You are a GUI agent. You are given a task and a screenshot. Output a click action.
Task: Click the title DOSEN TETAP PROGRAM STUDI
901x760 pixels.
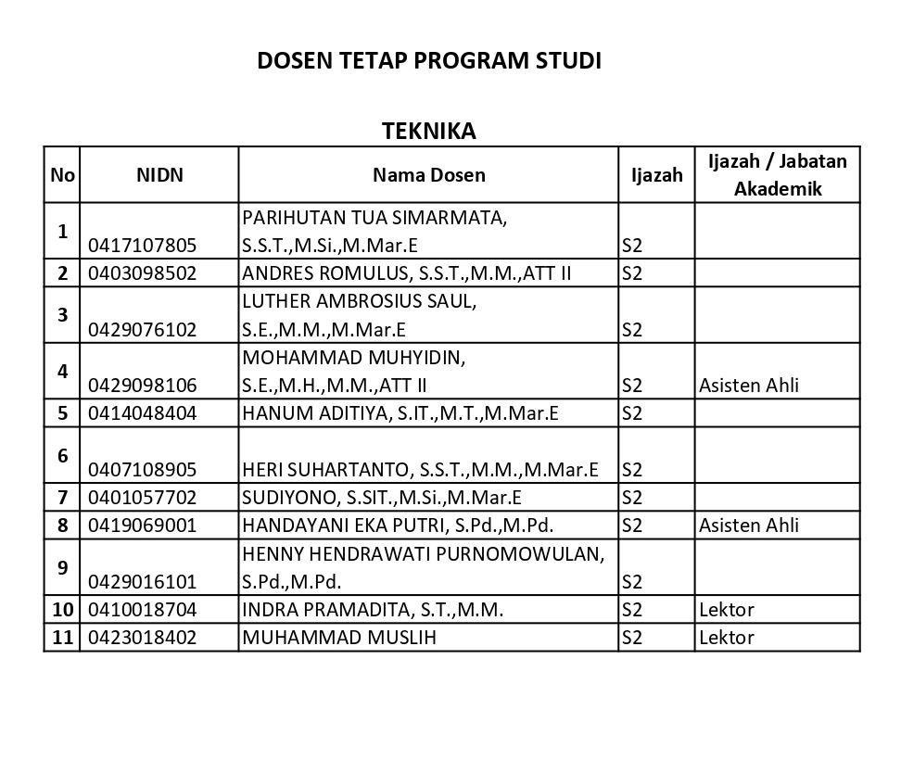coord(429,61)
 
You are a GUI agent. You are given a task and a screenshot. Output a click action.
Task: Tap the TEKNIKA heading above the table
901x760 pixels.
coord(428,131)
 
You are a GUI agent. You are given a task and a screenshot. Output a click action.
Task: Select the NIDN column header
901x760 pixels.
coord(159,174)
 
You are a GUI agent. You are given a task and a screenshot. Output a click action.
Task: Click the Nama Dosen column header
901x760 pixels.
coord(428,174)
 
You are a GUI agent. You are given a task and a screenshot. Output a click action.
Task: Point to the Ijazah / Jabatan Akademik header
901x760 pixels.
coord(777,174)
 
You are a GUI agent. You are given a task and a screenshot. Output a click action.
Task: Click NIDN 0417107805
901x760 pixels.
coord(142,246)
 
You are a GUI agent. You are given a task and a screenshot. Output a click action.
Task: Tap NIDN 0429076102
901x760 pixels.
coord(142,330)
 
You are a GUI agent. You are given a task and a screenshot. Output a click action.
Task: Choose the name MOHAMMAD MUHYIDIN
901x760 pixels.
coord(353,357)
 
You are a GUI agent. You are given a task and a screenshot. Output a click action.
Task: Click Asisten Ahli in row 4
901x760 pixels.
coord(748,386)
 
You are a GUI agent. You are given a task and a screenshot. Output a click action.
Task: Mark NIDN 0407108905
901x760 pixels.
coord(142,470)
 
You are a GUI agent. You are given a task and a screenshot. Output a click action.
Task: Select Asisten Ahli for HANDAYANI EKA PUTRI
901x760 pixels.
coord(748,526)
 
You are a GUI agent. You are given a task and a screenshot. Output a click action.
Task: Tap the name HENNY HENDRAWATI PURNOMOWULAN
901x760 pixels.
coord(423,554)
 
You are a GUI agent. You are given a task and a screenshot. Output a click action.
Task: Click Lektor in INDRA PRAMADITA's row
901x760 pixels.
coord(726,610)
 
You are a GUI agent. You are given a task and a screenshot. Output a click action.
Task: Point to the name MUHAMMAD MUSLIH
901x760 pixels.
coord(338,638)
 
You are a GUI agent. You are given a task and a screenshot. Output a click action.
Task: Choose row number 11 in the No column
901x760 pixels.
coord(62,638)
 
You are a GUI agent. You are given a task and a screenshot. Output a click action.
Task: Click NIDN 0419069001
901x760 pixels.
coord(142,526)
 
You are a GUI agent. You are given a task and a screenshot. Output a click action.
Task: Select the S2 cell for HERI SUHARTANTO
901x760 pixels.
coord(632,470)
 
